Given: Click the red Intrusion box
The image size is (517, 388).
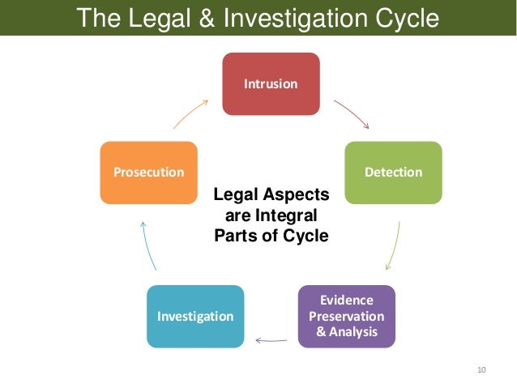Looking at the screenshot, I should click(x=271, y=83).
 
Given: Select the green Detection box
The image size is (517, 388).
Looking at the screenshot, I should click(x=394, y=173).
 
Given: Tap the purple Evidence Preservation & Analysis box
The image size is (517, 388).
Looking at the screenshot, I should click(x=346, y=316).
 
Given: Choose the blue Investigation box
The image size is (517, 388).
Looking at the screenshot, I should click(x=195, y=316).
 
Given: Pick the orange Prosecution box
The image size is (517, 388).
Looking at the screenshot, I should click(x=148, y=173).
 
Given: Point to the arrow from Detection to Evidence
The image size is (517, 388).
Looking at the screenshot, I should click(x=393, y=246).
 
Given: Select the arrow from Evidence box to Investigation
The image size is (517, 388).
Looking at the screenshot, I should click(x=271, y=340).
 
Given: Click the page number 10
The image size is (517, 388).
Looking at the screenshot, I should click(x=481, y=370).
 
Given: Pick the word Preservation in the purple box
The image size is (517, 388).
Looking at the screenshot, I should click(x=346, y=316).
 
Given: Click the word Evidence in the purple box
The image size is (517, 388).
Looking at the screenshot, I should click(x=346, y=300).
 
